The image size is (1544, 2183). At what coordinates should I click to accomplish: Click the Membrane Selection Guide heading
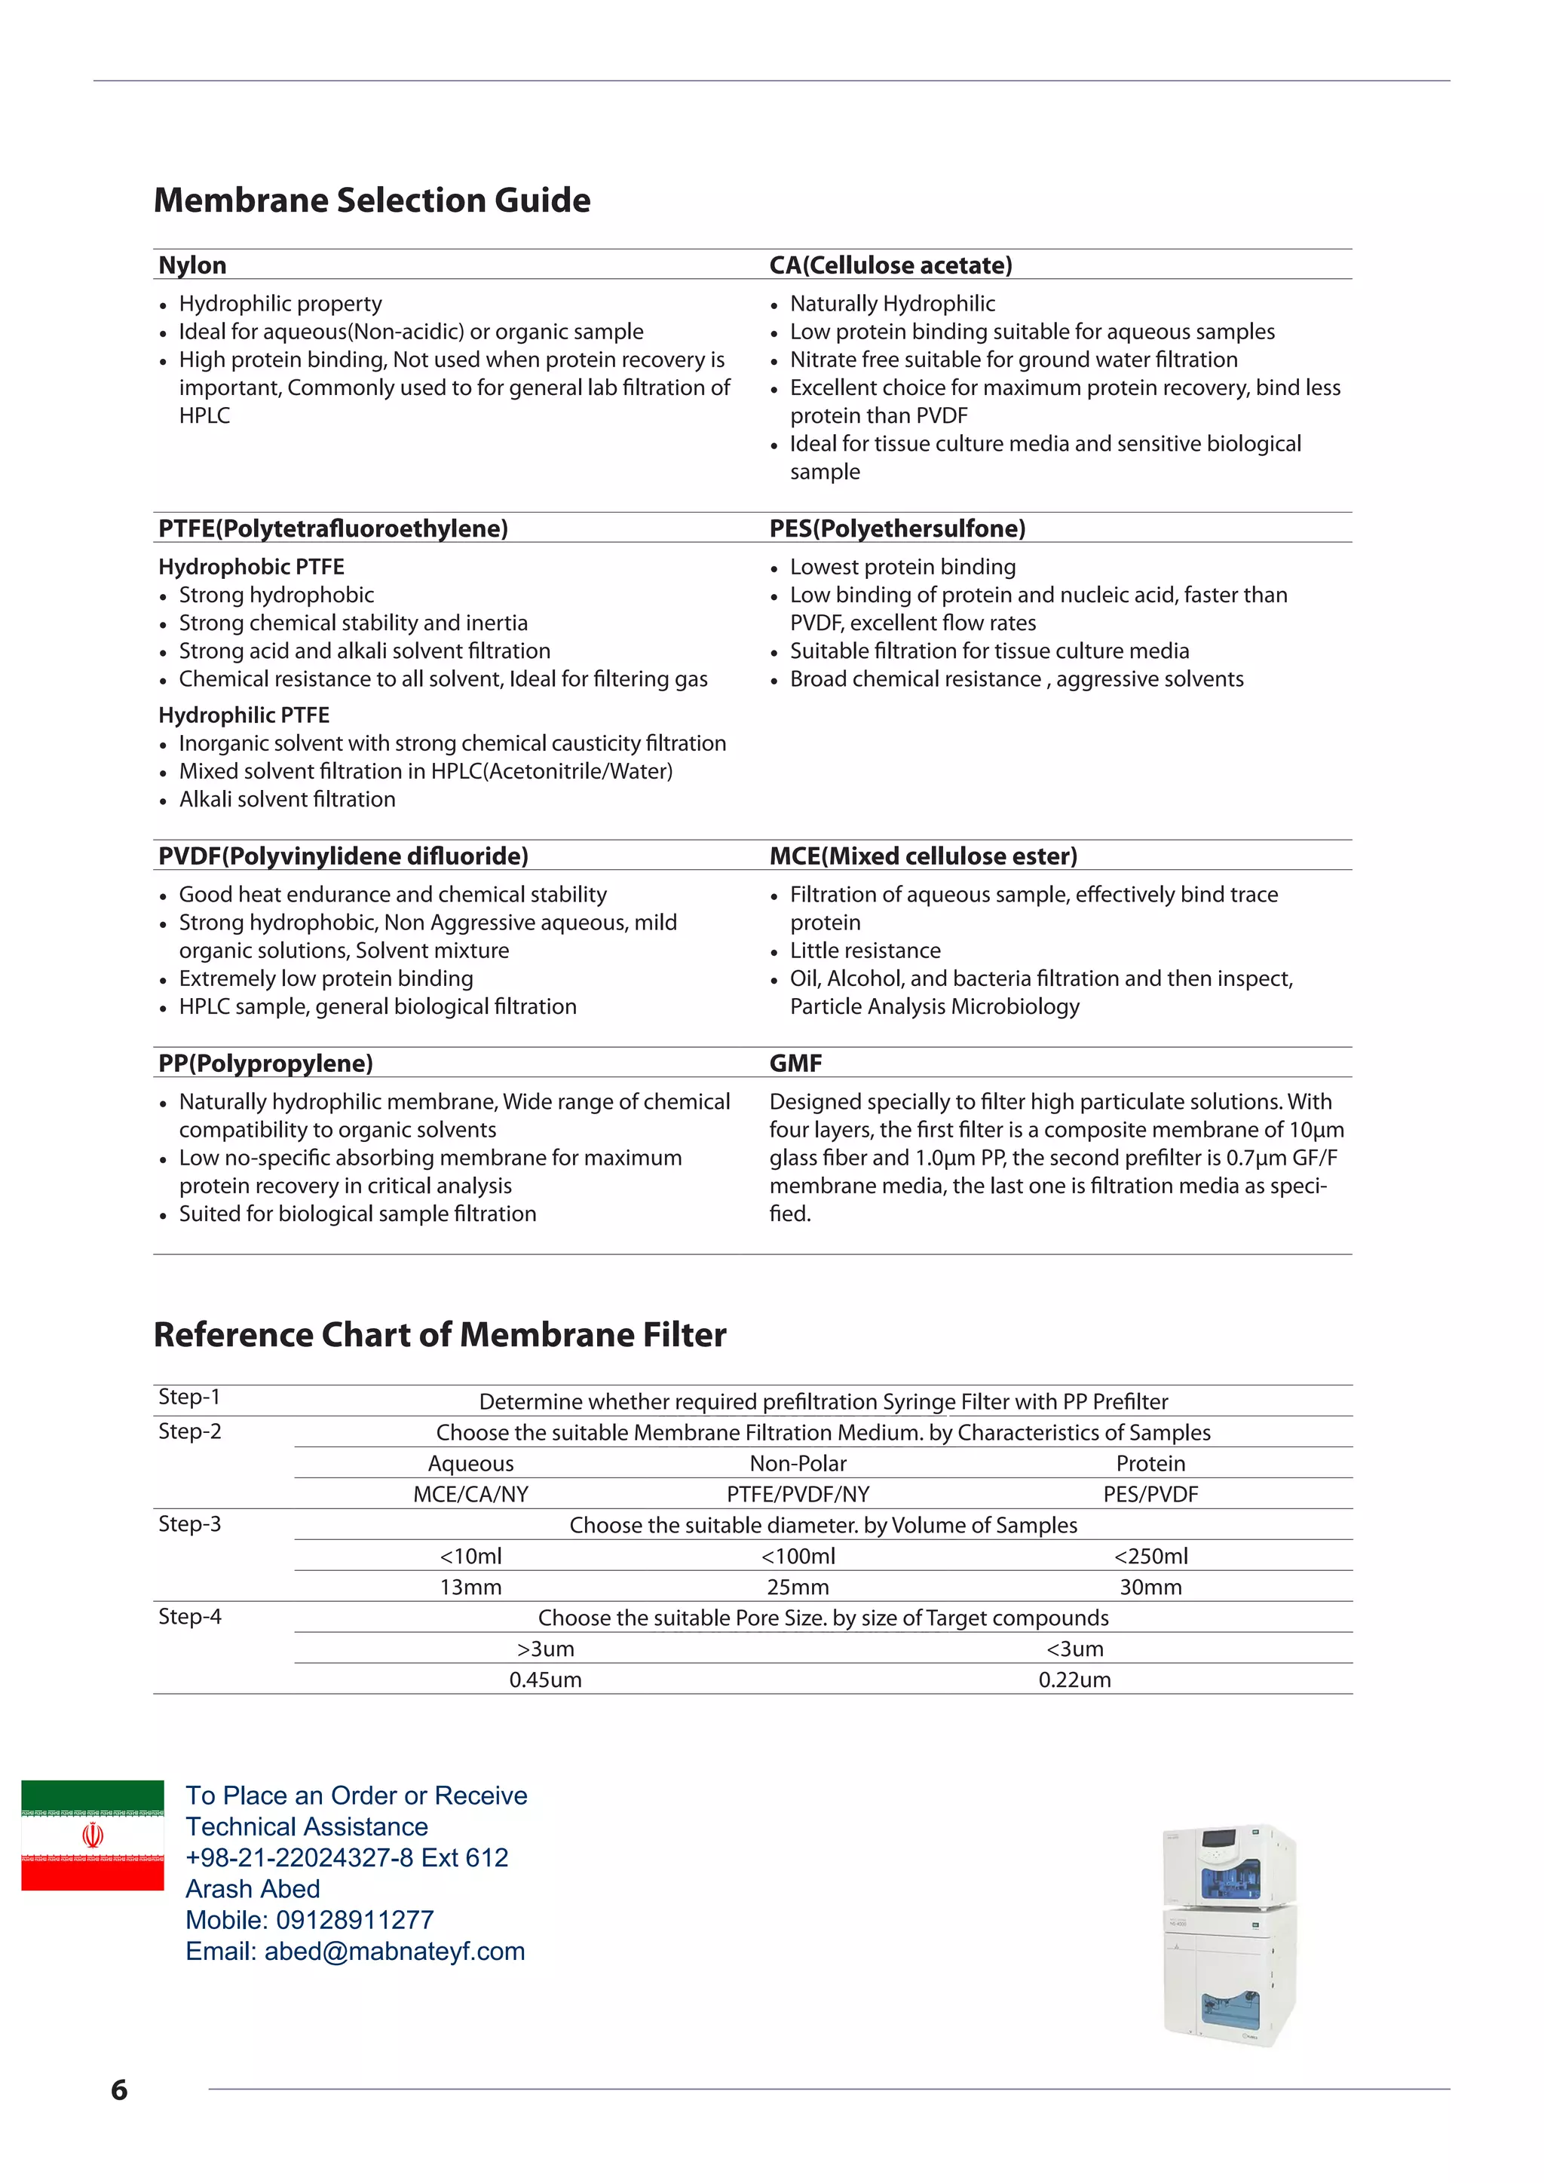372,201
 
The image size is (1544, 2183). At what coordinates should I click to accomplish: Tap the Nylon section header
192,265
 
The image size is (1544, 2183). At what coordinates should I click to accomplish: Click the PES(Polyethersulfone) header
896,528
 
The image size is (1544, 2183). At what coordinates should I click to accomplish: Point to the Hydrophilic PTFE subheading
244,715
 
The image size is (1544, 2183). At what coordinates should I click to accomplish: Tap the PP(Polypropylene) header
265,1063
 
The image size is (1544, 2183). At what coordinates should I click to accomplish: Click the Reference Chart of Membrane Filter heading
440,1335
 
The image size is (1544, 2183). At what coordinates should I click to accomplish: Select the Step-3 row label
189,1524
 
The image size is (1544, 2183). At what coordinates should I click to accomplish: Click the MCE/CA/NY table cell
470,1494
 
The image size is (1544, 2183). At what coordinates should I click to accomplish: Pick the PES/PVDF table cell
1150,1494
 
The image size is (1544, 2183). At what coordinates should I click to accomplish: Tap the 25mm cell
798,1587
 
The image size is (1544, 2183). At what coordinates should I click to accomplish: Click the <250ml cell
1150,1556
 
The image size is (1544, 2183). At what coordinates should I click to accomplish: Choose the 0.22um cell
1074,1680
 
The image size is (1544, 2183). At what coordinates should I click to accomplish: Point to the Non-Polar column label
798,1463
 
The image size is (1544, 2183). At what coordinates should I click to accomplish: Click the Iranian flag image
92,1835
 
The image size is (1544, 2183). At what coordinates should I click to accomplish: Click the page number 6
119,2090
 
